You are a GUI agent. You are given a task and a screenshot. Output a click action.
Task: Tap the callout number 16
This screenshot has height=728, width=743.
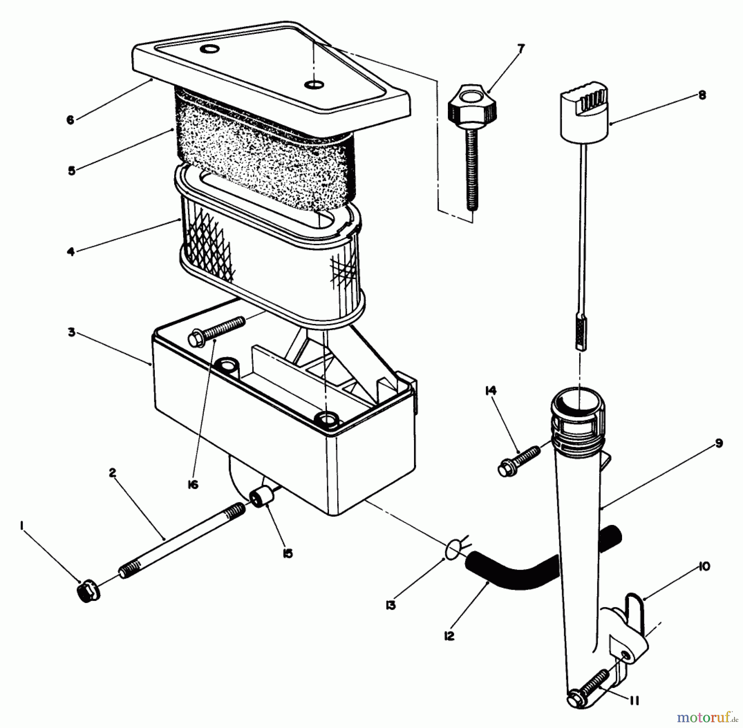192,485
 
